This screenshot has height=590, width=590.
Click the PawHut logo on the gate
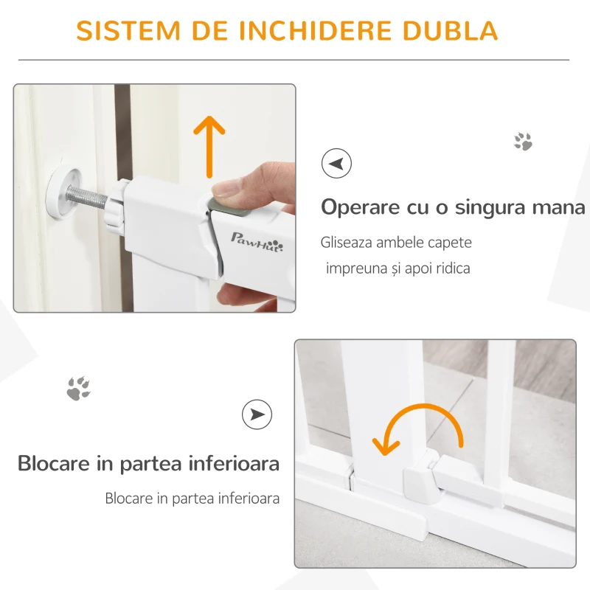(257, 243)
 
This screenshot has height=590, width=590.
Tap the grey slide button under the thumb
(229, 206)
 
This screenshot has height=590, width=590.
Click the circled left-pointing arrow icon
(336, 163)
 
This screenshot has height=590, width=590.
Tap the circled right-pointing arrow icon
(257, 414)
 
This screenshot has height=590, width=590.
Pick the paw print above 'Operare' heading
(524, 142)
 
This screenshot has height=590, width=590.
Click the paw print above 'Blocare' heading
(78, 389)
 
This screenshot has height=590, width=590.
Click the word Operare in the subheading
(360, 208)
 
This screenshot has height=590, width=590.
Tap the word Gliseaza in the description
(347, 243)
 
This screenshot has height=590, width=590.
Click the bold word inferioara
(234, 463)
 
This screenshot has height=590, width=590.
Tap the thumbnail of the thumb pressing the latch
(155, 198)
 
